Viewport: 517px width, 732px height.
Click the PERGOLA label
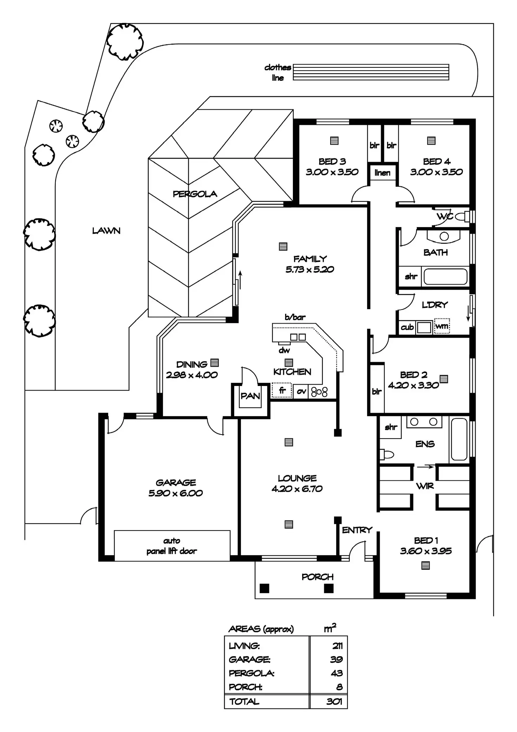pos(195,194)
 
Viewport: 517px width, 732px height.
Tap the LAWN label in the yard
pos(106,231)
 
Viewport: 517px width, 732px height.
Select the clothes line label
pos(278,72)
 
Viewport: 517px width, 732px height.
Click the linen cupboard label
pos(382,173)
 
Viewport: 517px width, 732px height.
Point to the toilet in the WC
pos(462,216)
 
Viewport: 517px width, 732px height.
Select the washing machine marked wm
pos(442,326)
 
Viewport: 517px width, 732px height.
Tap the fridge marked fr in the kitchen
pos(282,391)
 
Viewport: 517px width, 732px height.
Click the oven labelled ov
pos(301,391)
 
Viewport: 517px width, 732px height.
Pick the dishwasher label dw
pos(284,350)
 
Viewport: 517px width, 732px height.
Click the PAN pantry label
pos(250,396)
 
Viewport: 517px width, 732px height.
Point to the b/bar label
pos(295,317)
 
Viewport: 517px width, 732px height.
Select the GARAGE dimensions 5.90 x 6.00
pos(176,493)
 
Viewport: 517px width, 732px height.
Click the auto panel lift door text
pos(172,546)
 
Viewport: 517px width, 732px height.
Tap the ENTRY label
pos(357,530)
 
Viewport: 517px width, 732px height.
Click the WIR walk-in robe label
pos(425,486)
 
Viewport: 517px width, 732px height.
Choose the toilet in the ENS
pos(387,454)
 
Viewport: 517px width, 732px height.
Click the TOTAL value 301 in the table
pos(334,701)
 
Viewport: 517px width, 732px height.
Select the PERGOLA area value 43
pos(336,673)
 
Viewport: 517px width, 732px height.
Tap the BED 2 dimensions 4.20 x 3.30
pos(413,385)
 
